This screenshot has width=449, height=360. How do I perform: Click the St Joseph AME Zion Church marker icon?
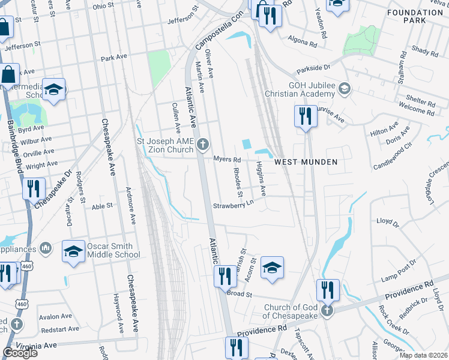pos(203,144)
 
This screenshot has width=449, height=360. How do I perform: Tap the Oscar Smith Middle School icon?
pos(73,252)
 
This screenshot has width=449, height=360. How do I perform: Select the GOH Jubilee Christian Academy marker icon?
pos(345,89)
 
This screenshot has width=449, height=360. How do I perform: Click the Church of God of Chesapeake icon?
pos(326,311)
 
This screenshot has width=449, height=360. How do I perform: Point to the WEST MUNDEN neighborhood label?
pos(306,162)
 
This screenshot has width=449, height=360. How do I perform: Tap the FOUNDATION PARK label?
pos(415,16)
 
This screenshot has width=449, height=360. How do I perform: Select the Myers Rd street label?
pos(227,160)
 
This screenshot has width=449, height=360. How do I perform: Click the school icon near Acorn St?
pos(272,267)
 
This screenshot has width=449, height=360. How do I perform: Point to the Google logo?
pos(20,353)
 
